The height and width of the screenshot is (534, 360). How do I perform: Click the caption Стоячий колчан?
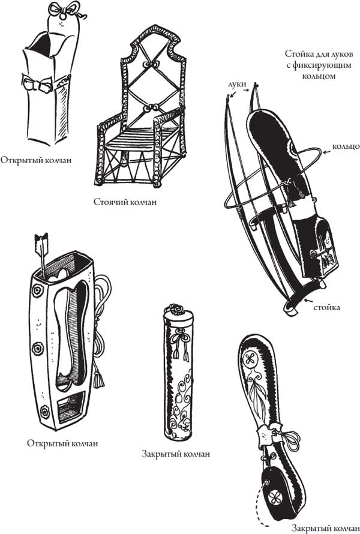click(x=125, y=202)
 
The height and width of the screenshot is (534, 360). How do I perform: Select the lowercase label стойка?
click(x=327, y=308)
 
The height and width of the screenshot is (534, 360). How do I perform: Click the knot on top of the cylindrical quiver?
click(x=176, y=311)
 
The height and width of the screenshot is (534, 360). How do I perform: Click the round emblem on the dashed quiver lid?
click(x=277, y=497)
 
